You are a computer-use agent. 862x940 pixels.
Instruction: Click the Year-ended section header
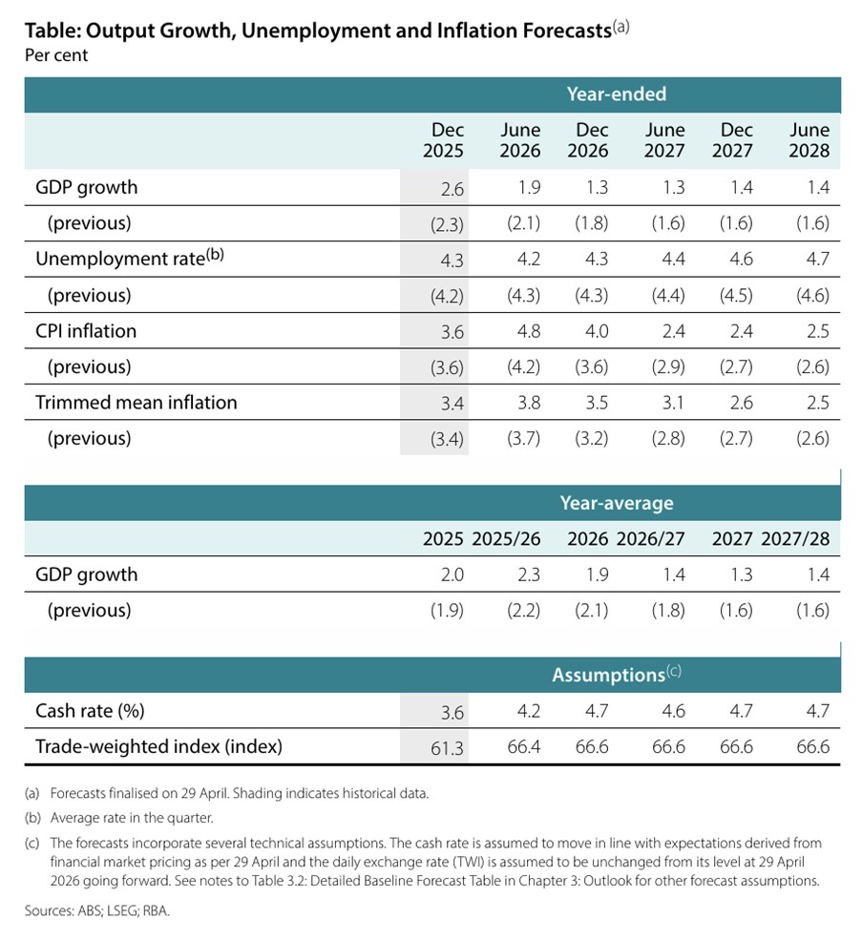pyautogui.click(x=616, y=94)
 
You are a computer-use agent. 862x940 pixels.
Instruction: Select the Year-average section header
pyautogui.click(x=616, y=503)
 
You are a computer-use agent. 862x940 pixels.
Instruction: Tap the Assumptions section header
pyautogui.click(x=616, y=675)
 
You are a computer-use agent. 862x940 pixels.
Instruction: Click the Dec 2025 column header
pyautogui.click(x=443, y=140)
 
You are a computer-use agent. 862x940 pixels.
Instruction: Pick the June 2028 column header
pyautogui.click(x=809, y=140)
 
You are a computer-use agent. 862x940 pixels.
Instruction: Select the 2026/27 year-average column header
pyautogui.click(x=651, y=539)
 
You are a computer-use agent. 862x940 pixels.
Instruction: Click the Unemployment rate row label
pyautogui.click(x=130, y=258)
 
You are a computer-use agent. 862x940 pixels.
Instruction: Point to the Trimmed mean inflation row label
pyautogui.click(x=137, y=403)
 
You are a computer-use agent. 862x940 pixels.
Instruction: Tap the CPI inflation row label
pyautogui.click(x=86, y=331)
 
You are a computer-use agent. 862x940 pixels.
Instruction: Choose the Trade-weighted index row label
pyautogui.click(x=159, y=746)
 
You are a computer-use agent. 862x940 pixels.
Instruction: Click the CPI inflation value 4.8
pyautogui.click(x=529, y=331)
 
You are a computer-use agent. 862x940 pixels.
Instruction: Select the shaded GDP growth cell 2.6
pyautogui.click(x=452, y=189)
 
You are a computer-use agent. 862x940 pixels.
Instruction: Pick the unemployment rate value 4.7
pyautogui.click(x=818, y=259)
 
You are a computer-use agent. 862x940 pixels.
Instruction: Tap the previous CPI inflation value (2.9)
pyautogui.click(x=668, y=366)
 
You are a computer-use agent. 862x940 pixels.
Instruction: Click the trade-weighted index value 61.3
pyautogui.click(x=448, y=748)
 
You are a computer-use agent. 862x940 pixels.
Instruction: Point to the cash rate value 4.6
pyautogui.click(x=674, y=711)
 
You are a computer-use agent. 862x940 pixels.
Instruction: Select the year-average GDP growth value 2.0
pyautogui.click(x=452, y=574)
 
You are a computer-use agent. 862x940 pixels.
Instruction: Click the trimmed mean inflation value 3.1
pyautogui.click(x=674, y=403)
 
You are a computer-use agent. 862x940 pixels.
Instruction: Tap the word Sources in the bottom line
pyautogui.click(x=50, y=910)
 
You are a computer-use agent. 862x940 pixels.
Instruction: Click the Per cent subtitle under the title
pyautogui.click(x=56, y=55)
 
